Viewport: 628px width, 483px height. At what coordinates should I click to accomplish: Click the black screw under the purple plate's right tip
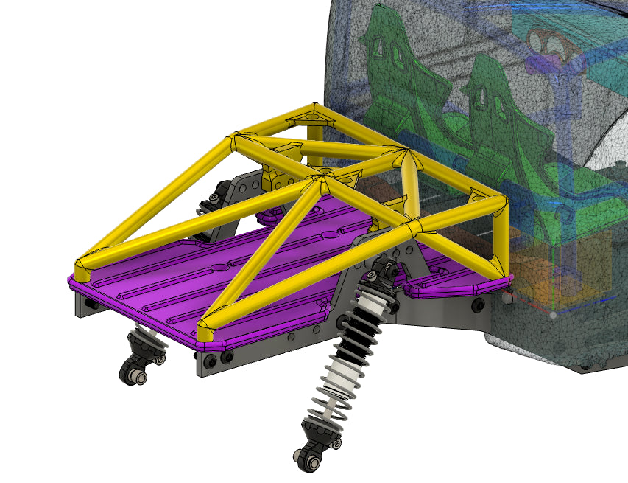coord(479,304)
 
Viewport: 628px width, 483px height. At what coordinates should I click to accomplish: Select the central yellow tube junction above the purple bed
coord(322,179)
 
